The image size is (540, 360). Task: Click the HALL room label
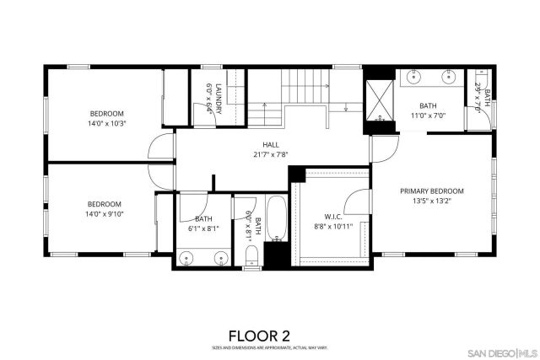270,144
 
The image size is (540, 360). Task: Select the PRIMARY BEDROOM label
431,191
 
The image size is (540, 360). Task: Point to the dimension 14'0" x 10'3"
106,124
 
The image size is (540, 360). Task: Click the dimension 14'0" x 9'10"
105,214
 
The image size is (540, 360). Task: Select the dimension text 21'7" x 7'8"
270,154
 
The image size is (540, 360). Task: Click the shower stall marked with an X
378,102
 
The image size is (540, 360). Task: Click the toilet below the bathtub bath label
251,258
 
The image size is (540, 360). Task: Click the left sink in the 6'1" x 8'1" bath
186,257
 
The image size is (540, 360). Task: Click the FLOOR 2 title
270,336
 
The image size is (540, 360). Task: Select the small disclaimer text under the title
270,347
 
